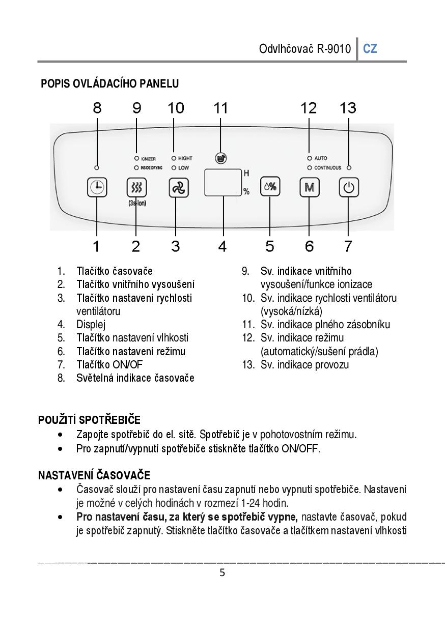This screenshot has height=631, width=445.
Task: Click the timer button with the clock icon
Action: (x=97, y=187)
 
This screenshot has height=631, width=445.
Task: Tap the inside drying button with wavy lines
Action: (x=136, y=187)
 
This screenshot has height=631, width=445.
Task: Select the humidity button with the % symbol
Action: (x=270, y=187)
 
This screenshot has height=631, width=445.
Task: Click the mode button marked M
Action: (x=309, y=187)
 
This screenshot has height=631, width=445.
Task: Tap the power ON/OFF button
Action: (x=349, y=187)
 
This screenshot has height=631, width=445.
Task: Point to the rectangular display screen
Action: (x=223, y=182)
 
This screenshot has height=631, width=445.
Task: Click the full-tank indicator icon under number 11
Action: (x=220, y=158)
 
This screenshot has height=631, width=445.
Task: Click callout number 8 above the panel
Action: (x=97, y=108)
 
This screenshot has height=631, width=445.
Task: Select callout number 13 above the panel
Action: (x=348, y=108)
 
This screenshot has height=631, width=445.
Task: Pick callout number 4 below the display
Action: (x=222, y=246)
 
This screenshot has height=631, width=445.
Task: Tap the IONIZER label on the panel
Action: (x=148, y=159)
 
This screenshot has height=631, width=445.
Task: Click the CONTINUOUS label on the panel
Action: (x=327, y=167)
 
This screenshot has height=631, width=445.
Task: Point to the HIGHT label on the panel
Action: (x=185, y=159)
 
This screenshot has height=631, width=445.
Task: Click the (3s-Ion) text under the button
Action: (x=136, y=204)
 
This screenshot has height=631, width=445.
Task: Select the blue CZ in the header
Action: (x=370, y=49)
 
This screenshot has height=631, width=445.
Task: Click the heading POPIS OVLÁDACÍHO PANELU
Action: (x=109, y=83)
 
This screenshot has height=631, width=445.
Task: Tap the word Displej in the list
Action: (x=91, y=324)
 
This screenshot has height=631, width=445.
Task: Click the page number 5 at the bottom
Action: (x=222, y=573)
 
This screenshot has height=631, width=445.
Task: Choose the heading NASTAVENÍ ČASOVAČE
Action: (x=94, y=475)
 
